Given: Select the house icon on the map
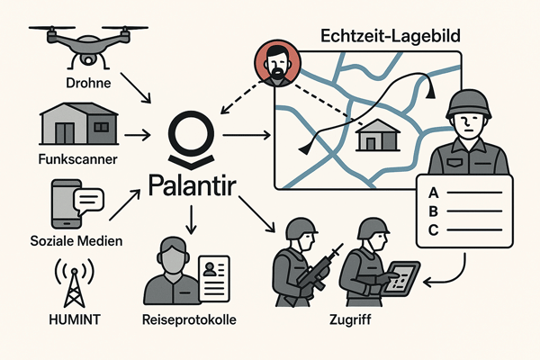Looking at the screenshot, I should (377, 137).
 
